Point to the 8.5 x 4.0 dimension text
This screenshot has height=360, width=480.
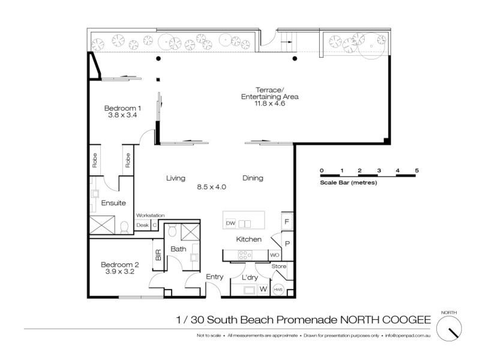pyautogui.click(x=211, y=187)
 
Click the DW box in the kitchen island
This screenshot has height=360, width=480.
pyautogui.click(x=230, y=223)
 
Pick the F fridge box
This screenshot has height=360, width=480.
pyautogui.click(x=287, y=221)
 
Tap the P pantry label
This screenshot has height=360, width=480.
pyautogui.click(x=287, y=244)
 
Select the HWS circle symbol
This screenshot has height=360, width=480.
pyautogui.click(x=278, y=289)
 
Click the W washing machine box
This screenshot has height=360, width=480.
pyautogui.click(x=263, y=289)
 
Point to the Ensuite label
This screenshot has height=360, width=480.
pyautogui.click(x=113, y=203)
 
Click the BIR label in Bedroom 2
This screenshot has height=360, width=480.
pyautogui.click(x=158, y=254)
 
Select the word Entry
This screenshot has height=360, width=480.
pyautogui.click(x=214, y=277)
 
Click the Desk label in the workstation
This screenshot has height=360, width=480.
pyautogui.click(x=142, y=225)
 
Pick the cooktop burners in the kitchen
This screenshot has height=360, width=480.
pyautogui.click(x=245, y=254)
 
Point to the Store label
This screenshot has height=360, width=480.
pyautogui.click(x=279, y=266)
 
